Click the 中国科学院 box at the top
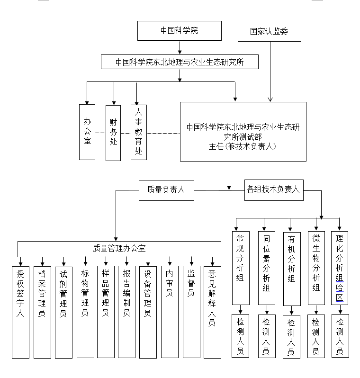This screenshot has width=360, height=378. pos(180,31)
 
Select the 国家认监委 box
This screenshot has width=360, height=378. pos(269,32)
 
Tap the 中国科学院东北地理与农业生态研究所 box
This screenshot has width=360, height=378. pos(180,62)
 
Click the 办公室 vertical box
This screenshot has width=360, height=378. pos(87,132)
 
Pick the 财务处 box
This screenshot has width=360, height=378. pos(113,132)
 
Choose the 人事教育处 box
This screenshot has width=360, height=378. pos(139,132)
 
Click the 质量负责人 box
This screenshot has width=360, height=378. pos(166,190)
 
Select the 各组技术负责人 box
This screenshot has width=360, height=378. pos(273,189)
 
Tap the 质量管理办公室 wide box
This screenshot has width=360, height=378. pos(119,249)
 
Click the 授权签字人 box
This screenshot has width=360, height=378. pos(20,312)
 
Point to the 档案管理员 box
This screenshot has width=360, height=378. pos(42,312)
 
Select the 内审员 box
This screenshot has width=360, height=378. pos(169,312)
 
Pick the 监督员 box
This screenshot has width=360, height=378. pos(191,312)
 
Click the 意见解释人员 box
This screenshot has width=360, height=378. pos(212,312)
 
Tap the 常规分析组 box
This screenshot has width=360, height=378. pos(240,268)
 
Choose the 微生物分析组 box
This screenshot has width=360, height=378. pos(316,268)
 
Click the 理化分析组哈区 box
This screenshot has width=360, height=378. pos(340,268)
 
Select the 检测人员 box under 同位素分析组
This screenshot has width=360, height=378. pos(266,336)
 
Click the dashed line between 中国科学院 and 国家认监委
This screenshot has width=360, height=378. pos(230,31)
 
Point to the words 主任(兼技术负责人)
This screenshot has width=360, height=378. pos(243,147)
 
